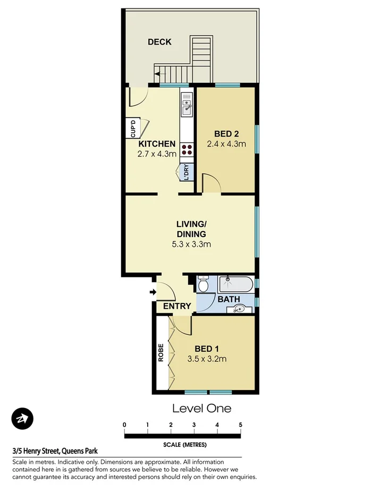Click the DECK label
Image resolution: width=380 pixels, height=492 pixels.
(x=159, y=42)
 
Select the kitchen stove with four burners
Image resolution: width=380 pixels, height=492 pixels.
(x=187, y=149)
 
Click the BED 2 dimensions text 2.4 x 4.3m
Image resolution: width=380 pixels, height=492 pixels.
(x=226, y=143)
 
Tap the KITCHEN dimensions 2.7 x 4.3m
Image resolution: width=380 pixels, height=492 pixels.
(x=156, y=154)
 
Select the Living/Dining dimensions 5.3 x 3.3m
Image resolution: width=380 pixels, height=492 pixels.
(x=191, y=244)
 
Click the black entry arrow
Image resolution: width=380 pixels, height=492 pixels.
(x=153, y=292)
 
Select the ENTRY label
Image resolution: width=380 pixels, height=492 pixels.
(x=177, y=306)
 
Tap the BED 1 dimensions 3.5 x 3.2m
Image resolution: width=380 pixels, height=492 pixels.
(x=207, y=359)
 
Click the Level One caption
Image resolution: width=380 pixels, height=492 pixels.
(x=201, y=408)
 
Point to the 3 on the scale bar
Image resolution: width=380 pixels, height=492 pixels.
(x=194, y=425)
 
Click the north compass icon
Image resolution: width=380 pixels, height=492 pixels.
(x=22, y=419)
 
